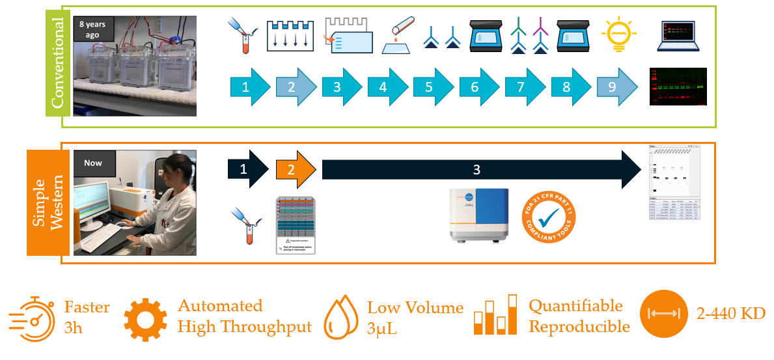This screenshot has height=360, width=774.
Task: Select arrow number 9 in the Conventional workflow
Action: pyautogui.click(x=616, y=87)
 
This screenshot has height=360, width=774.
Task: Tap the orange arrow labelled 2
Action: pyautogui.click(x=295, y=169)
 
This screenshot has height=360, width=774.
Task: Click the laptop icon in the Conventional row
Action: pyautogui.click(x=680, y=36)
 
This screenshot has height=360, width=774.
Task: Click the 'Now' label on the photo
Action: pyautogui.click(x=93, y=162)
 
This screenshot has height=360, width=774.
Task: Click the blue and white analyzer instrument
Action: pyautogui.click(x=480, y=215)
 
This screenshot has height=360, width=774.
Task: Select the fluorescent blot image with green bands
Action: pyautogui.click(x=678, y=87)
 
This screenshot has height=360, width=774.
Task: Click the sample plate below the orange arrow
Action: pyautogui.click(x=296, y=225)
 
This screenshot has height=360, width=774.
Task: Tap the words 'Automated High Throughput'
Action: pyautogui.click(x=244, y=316)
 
